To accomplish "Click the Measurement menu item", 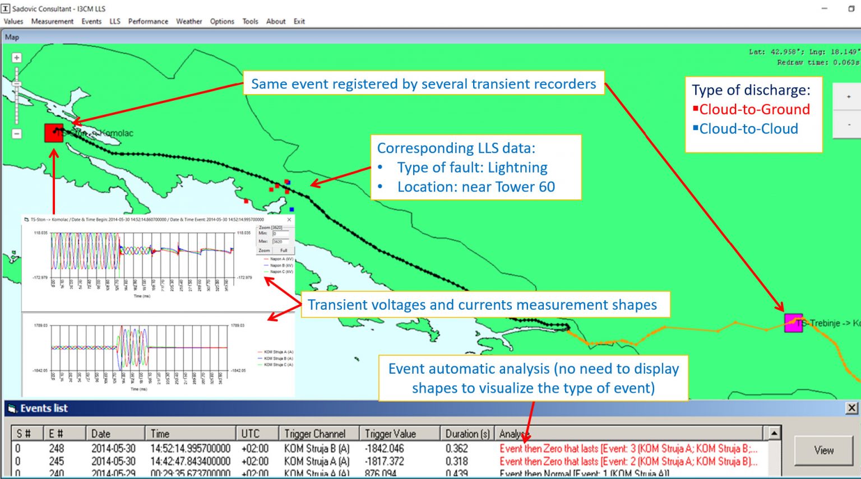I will (x=52, y=21).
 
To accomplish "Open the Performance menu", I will (x=148, y=21).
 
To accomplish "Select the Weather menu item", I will (x=189, y=21).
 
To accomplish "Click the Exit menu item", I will (x=299, y=21).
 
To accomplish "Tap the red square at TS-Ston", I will (x=54, y=133).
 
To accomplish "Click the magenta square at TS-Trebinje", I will (x=793, y=323).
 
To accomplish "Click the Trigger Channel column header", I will (x=314, y=434).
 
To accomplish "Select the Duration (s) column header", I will (x=467, y=434).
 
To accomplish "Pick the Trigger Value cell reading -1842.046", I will (x=384, y=449).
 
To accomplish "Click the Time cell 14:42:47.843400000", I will (x=190, y=462).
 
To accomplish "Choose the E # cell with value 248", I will (x=56, y=449).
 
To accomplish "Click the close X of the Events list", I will (x=851, y=408).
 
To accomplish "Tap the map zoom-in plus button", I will (x=17, y=58).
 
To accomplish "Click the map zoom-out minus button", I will (x=17, y=134).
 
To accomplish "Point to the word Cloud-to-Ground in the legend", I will (x=754, y=109).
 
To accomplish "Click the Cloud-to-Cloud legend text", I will (x=748, y=129).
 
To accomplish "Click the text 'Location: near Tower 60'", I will (x=476, y=187).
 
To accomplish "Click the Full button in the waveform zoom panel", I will (x=284, y=250).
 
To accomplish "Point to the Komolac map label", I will (x=117, y=133).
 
